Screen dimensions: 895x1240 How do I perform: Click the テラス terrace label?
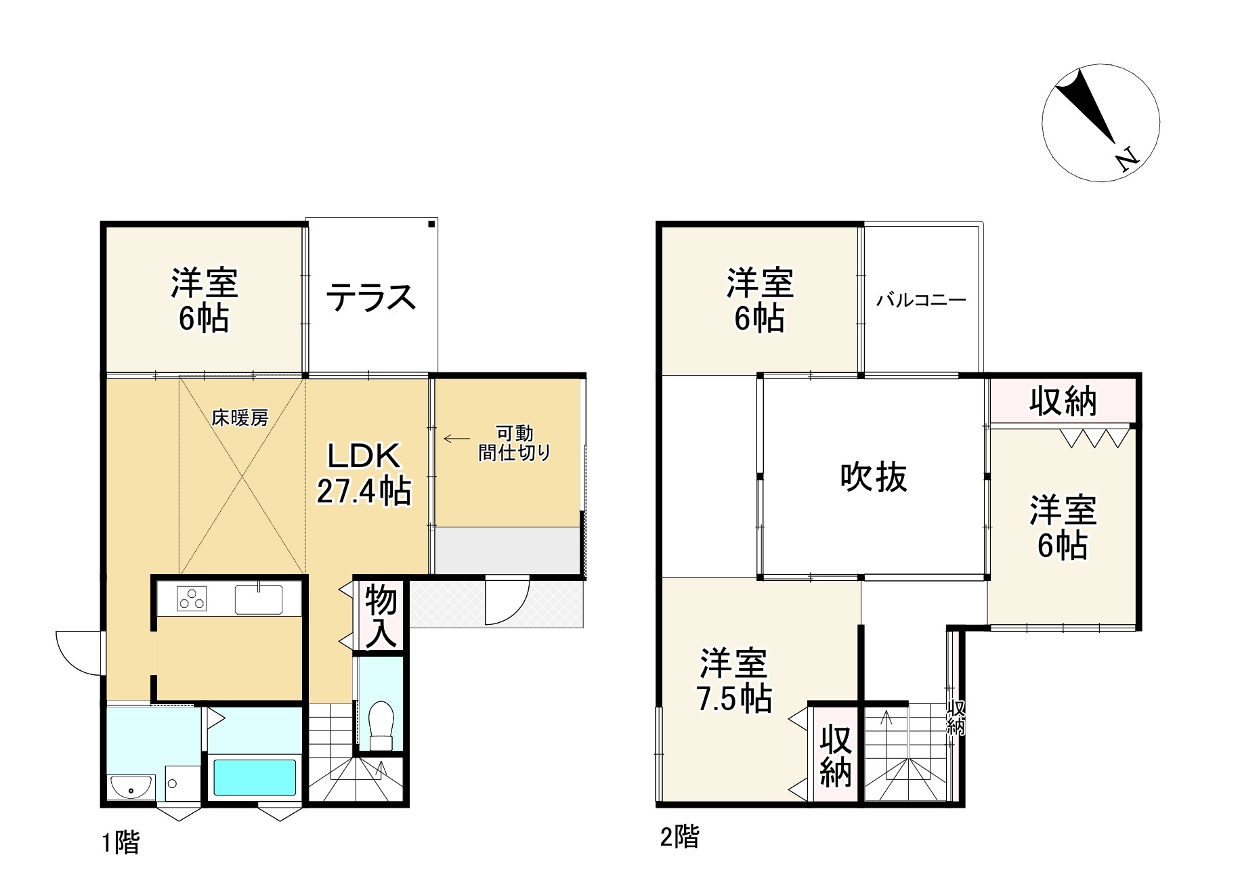click(370, 298)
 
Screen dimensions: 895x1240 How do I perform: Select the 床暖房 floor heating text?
click(240, 418)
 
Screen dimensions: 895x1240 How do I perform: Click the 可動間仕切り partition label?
click(515, 443)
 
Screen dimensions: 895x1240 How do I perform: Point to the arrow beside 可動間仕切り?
click(456, 439)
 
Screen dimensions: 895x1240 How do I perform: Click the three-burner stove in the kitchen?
click(192, 599)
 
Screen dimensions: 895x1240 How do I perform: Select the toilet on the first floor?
click(382, 724)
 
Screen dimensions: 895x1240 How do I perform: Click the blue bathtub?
click(255, 777)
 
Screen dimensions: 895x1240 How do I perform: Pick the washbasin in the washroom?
click(131, 787)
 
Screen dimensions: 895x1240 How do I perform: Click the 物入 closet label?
click(381, 615)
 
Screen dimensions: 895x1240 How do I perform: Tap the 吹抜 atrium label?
click(874, 477)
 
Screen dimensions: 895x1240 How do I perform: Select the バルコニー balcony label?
click(921, 300)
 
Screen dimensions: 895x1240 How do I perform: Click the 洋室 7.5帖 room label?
click(735, 680)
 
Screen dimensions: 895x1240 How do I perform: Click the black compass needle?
click(1086, 108)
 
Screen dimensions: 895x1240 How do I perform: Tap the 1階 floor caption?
click(121, 843)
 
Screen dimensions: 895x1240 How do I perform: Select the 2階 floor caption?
click(679, 837)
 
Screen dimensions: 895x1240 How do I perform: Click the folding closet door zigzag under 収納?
click(1095, 438)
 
